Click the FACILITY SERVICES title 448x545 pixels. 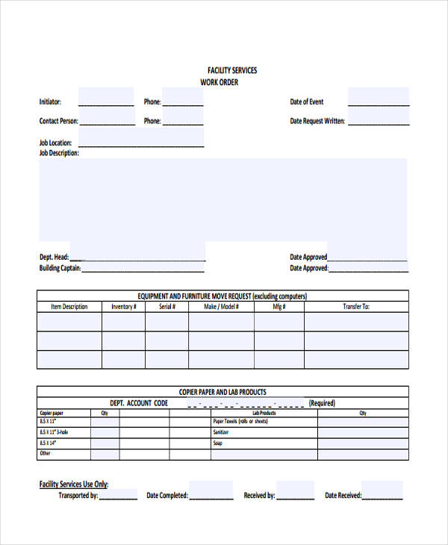tap(231, 70)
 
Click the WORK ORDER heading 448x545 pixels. tap(219, 82)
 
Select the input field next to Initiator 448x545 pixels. tap(106, 98)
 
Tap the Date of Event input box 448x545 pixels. tap(378, 98)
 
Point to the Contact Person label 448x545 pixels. tap(57, 121)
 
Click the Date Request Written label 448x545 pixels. tap(317, 121)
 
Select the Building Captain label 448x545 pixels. tap(60, 268)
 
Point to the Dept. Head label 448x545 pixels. tap(54, 257)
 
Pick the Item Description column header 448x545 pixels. tap(69, 306)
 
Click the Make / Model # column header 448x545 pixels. tap(220, 306)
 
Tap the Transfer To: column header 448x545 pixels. tap(356, 306)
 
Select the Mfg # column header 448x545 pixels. tap(279, 306)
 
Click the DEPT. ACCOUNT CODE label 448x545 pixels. tap(139, 403)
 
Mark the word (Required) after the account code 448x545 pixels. tap(322, 403)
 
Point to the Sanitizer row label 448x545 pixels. tap(220, 432)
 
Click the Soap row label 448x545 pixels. tap(217, 443)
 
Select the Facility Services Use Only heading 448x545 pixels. tap(73, 484)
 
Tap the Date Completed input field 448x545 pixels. tap(211, 490)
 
